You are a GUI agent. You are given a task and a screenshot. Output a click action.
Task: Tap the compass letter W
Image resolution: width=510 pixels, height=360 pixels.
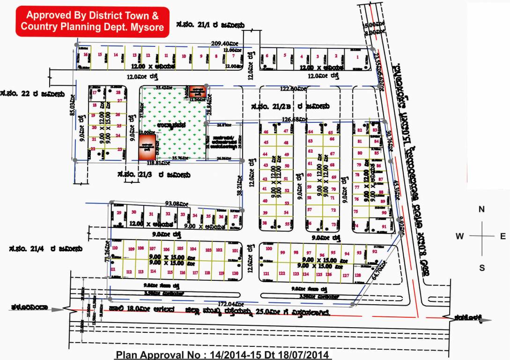coord(459,236)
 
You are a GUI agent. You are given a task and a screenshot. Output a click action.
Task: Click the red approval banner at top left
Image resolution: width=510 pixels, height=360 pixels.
coord(92,21)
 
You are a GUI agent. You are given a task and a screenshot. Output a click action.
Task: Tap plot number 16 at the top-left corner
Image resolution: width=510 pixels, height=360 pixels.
coord(85,55)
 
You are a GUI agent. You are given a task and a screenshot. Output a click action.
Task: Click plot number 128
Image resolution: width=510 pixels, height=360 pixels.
coord(358,275)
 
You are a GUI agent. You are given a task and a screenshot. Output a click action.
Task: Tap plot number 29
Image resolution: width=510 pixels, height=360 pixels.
coord(119,213)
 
